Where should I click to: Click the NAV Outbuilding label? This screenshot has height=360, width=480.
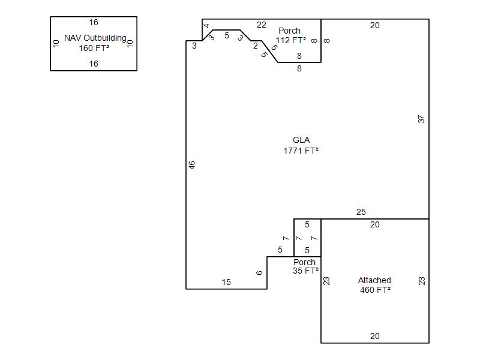pos(95,38)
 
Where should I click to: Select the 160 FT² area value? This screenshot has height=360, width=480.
pos(94,48)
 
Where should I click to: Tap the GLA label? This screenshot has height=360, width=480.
pos(301,140)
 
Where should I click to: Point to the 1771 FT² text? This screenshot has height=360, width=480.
pos(301,151)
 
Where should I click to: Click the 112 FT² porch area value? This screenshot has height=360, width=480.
pos(290,40)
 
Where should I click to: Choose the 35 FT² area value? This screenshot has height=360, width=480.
pos(305,271)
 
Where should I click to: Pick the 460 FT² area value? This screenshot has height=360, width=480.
pos(376,290)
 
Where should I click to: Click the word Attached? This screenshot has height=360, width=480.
pos(374,280)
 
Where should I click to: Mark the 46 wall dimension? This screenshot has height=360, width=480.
pos(191,165)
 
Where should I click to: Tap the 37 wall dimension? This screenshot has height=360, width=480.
pos(421,119)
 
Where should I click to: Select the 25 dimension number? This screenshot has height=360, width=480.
pos(361,212)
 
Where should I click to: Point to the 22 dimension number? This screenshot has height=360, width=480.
pos(262,25)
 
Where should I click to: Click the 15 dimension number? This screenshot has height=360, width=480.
pos(226,282)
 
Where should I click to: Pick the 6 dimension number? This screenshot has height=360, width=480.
pos(259,273)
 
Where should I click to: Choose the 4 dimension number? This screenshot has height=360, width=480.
pos(206,26)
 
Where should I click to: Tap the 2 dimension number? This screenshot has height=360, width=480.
pos(256,46)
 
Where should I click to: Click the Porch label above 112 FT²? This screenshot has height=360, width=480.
pos(289,31)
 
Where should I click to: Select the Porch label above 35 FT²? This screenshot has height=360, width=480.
pos(304,262)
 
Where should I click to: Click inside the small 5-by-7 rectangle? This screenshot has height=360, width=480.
pos(307,238)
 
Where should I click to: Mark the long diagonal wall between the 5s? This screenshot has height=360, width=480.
pos(269,52)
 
